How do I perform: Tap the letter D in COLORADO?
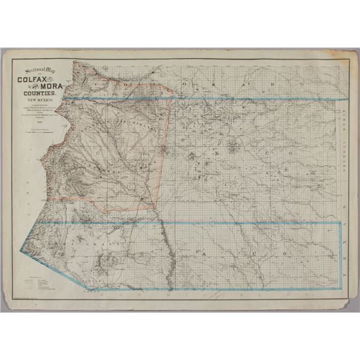point(271,86)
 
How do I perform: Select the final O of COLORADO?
point(294,86)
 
